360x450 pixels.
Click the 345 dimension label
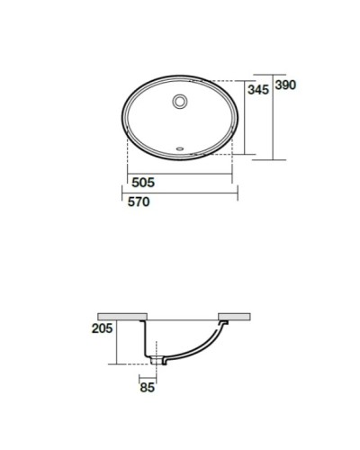pos(257,90)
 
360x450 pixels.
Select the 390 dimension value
pos(285,85)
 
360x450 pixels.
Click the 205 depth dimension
pos(102,328)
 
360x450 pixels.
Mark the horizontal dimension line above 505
pos(177,173)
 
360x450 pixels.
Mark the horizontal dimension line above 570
pos(177,192)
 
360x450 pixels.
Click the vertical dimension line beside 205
pos(116,342)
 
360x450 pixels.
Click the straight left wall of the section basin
pos(145,337)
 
